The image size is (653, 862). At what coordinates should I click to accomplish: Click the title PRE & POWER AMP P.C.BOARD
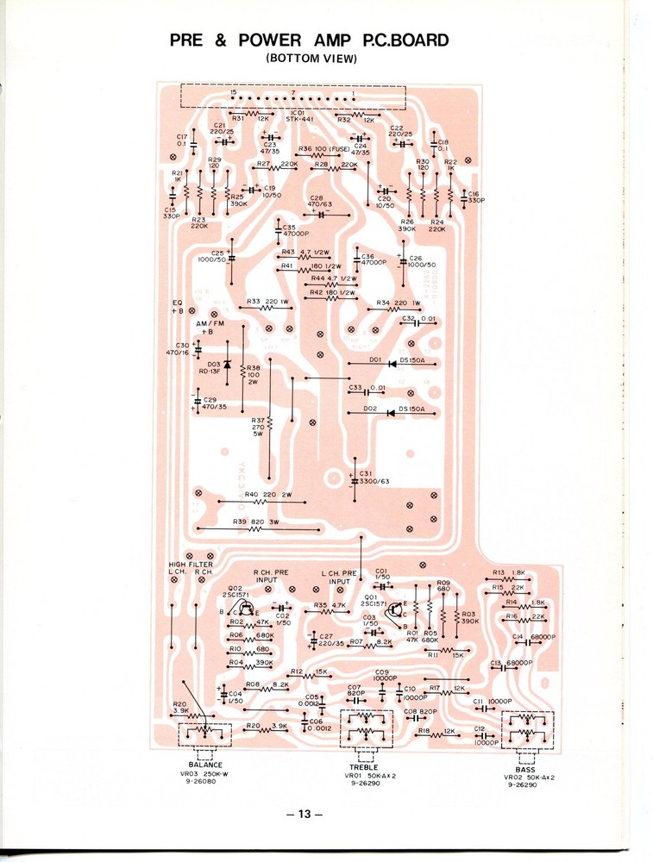[x=309, y=41]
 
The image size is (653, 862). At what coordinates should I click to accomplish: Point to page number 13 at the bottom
[x=305, y=814]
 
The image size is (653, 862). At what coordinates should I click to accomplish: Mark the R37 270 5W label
[x=256, y=428]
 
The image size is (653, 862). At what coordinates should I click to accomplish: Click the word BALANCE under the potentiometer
[x=205, y=764]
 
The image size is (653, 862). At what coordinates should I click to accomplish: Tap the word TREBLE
[x=363, y=766]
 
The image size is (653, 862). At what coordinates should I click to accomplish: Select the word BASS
[x=525, y=768]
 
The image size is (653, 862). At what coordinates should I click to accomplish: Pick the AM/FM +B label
[x=206, y=327]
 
